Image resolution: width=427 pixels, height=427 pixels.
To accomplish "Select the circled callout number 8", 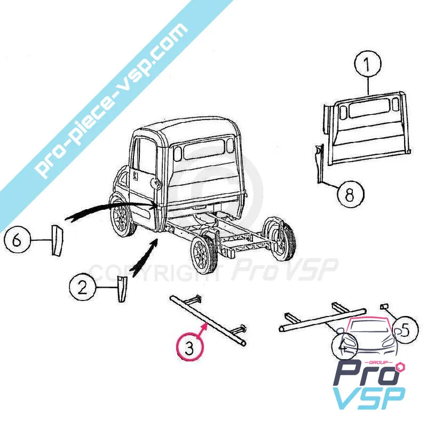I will pos(350,194).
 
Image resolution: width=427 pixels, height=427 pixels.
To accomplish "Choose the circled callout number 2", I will pos(83,288).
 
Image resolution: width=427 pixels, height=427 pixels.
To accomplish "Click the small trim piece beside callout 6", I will pos(57,240).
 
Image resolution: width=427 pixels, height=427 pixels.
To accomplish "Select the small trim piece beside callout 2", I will pos(122,288).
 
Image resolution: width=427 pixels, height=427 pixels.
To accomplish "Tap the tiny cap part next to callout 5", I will pos(383,306).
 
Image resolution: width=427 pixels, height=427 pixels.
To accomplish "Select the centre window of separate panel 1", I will pos(367,110).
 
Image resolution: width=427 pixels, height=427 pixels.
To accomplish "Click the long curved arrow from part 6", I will pos(107,209).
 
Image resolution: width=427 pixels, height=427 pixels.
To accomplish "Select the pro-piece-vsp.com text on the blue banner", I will pos(112,101).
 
